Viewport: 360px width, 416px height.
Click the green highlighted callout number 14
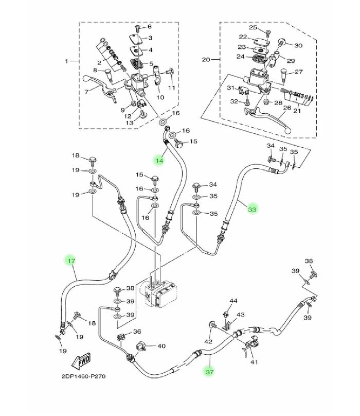click(159, 161)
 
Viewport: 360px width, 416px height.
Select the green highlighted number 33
click(252, 210)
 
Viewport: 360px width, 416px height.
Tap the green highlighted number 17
click(71, 261)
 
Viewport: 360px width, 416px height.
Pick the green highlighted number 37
click(209, 372)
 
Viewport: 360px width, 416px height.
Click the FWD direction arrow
click(81, 361)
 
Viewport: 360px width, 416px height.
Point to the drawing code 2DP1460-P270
click(83, 376)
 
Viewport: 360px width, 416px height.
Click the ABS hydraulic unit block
click(160, 293)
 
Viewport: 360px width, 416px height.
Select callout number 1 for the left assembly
click(66, 61)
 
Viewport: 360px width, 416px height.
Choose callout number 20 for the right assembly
click(206, 60)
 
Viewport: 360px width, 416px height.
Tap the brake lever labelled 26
click(268, 118)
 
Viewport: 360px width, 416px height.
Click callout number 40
click(161, 346)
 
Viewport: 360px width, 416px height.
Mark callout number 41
click(254, 362)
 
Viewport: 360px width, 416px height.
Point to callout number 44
click(233, 301)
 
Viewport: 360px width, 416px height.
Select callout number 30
click(298, 46)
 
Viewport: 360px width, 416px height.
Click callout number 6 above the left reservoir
click(150, 27)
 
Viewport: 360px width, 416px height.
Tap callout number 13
click(130, 123)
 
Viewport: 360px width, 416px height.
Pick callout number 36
click(137, 332)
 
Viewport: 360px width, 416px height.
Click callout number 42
click(208, 341)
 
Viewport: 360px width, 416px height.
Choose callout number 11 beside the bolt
click(172, 88)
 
